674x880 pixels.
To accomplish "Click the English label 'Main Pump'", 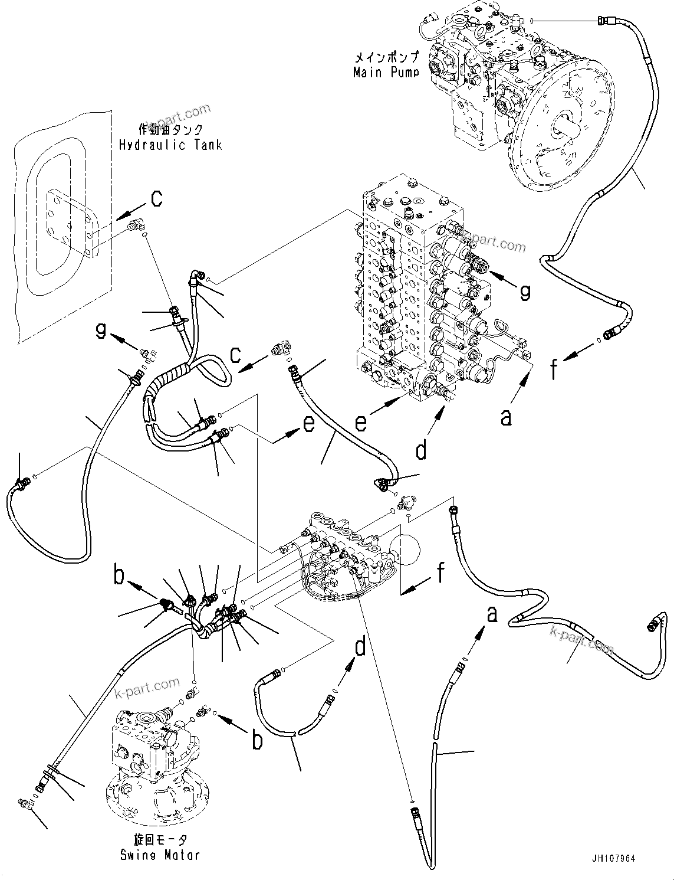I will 386,73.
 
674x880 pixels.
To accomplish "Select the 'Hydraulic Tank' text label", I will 170,145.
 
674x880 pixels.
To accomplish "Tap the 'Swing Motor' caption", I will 160,855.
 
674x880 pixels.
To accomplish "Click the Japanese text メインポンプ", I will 386,58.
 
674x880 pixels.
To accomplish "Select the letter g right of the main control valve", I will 524,290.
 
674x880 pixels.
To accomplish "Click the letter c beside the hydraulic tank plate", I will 156,199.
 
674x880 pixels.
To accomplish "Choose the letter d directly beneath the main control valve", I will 421,450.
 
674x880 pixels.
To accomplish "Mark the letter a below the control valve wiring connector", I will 506,417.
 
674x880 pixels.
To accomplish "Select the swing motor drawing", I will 156,761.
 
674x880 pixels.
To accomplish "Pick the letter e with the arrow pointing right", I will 308,424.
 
